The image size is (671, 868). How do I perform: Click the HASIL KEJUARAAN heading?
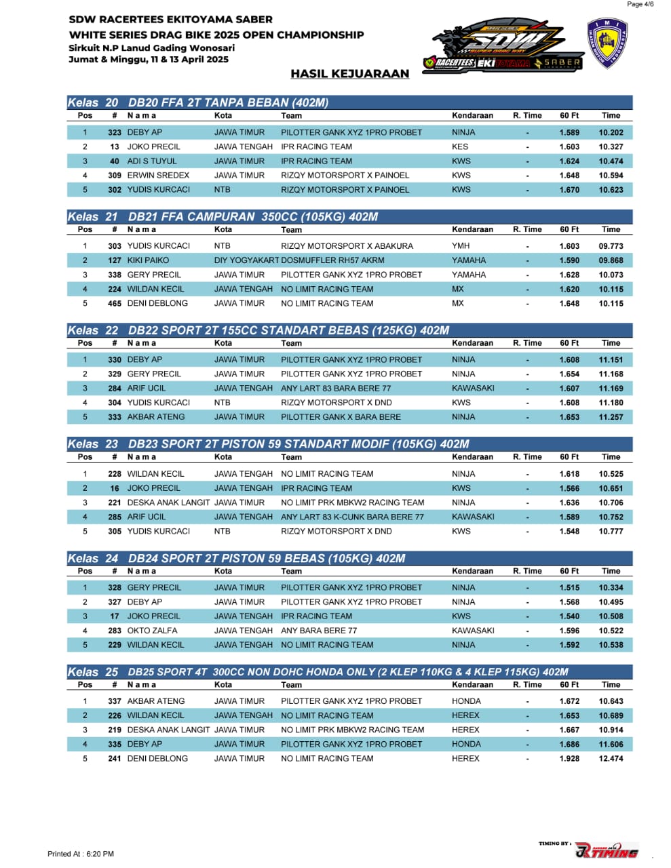pyautogui.click(x=349, y=74)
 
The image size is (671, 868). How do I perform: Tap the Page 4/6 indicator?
pyautogui.click(x=640, y=4)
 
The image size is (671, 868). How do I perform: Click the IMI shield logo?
pyautogui.click(x=607, y=43)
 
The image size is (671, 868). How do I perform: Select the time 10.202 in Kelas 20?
pyautogui.click(x=611, y=133)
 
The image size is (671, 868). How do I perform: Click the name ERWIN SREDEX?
pyautogui.click(x=158, y=176)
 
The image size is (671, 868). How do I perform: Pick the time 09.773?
pyautogui.click(x=611, y=246)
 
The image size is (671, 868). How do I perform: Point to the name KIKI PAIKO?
pyautogui.click(x=148, y=260)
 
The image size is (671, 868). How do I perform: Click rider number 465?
pyautogui.click(x=115, y=304)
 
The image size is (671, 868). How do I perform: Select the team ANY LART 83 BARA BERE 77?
pyautogui.click(x=336, y=389)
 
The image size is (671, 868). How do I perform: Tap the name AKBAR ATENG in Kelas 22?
pyautogui.click(x=156, y=417)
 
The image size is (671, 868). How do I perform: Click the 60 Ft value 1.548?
pyautogui.click(x=569, y=532)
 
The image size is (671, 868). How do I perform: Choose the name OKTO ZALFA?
pyautogui.click(x=152, y=631)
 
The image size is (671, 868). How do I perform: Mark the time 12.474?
pyautogui.click(x=611, y=759)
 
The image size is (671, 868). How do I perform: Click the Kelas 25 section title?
pyautogui.click(x=318, y=672)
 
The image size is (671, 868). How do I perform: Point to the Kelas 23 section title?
pyautogui.click(x=268, y=444)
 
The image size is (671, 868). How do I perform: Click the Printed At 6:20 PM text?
pyautogui.click(x=81, y=854)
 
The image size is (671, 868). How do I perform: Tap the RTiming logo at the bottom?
pyautogui.click(x=607, y=850)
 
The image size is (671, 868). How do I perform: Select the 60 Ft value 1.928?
pyautogui.click(x=569, y=759)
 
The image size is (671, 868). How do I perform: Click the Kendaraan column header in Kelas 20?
pyautogui.click(x=472, y=116)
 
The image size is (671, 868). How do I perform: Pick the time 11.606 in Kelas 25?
pyautogui.click(x=611, y=745)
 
